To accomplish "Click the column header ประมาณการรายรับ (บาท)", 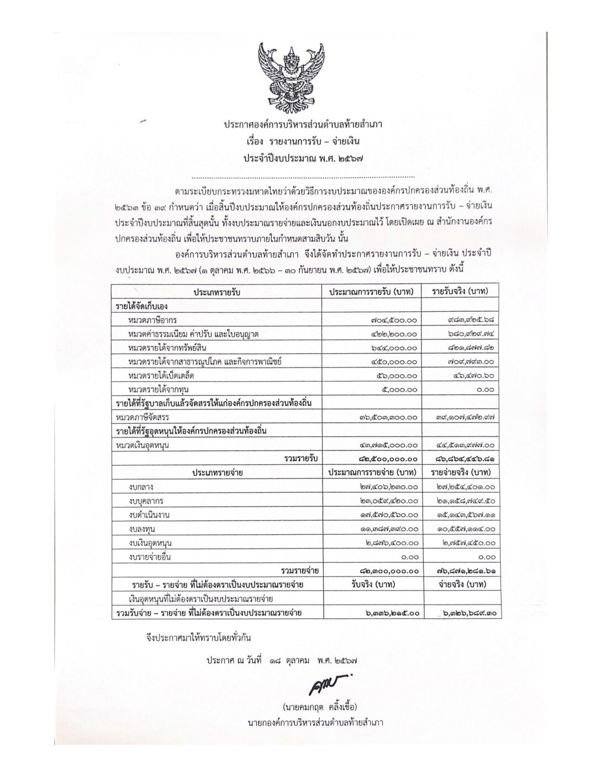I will coord(371,291).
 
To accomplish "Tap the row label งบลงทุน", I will coord(143,529).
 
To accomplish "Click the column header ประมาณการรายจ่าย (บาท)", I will coord(371,473).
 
